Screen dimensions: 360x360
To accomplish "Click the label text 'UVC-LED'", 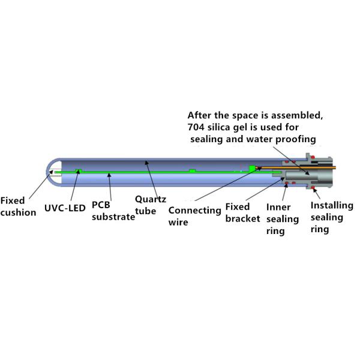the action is point(65,208).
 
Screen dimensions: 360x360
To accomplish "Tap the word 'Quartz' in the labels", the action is point(151,199).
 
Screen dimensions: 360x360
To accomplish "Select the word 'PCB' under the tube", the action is point(101,205).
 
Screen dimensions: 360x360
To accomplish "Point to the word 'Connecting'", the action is point(194,211).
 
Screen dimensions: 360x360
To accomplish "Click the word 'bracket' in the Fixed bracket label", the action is point(242,218).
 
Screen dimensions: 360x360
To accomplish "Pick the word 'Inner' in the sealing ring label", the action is point(278,207).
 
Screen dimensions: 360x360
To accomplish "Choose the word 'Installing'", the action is point(332,206).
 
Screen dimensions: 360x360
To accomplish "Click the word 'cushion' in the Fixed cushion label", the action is point(19,212).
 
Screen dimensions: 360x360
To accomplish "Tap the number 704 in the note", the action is point(196,127).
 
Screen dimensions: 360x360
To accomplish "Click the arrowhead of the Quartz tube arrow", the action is point(146,163).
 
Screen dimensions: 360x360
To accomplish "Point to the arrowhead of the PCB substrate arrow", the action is point(109,175).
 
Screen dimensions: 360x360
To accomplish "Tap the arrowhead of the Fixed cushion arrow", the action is point(52,172).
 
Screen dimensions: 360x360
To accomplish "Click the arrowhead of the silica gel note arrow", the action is point(307,173).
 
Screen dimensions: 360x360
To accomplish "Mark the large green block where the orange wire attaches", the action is point(253,169).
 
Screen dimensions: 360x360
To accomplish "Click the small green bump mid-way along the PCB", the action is point(192,170).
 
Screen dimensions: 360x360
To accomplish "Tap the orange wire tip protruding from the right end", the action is point(335,167).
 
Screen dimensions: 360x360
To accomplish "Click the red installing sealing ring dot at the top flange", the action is point(313,157).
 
